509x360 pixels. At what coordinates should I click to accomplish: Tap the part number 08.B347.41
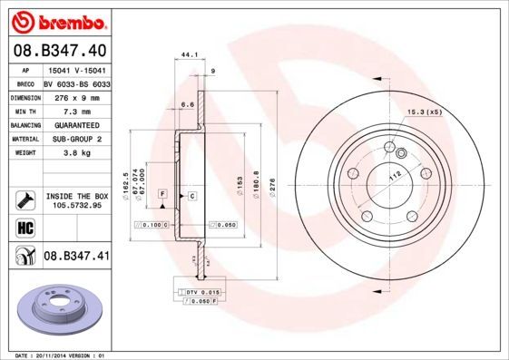[76, 257]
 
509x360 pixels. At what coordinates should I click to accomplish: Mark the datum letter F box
[162, 195]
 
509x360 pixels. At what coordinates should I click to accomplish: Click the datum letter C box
[192, 195]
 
